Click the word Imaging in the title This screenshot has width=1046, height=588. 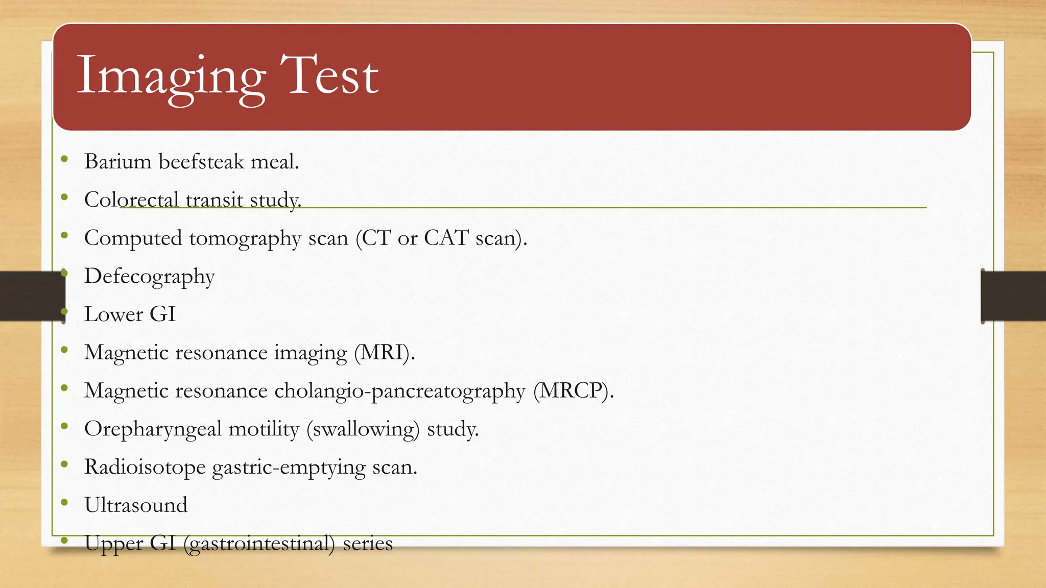tap(171, 77)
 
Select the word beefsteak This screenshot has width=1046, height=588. tap(202, 162)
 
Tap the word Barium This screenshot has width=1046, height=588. tap(118, 162)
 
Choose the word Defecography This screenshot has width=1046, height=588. tap(150, 277)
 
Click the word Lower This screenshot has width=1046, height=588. tap(113, 314)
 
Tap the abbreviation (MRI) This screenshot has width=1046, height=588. tap(385, 353)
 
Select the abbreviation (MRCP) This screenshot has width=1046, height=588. tap(574, 391)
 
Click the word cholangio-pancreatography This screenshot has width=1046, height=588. tap(399, 391)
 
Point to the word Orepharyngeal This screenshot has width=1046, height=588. tap(153, 429)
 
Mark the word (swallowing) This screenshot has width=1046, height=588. tap(363, 429)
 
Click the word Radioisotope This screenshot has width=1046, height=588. tap(145, 467)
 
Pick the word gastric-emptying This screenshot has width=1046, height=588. tap(289, 468)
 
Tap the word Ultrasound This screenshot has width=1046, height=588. tap(136, 505)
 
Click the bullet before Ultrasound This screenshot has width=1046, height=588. tap(64, 503)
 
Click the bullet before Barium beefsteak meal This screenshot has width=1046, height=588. tap(64, 159)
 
